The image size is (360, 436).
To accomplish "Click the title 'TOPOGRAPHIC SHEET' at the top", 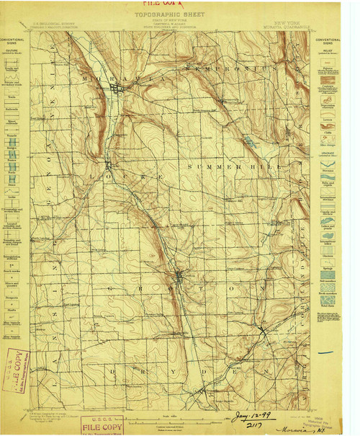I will [172, 13].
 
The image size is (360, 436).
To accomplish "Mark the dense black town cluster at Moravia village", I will [118, 89].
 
